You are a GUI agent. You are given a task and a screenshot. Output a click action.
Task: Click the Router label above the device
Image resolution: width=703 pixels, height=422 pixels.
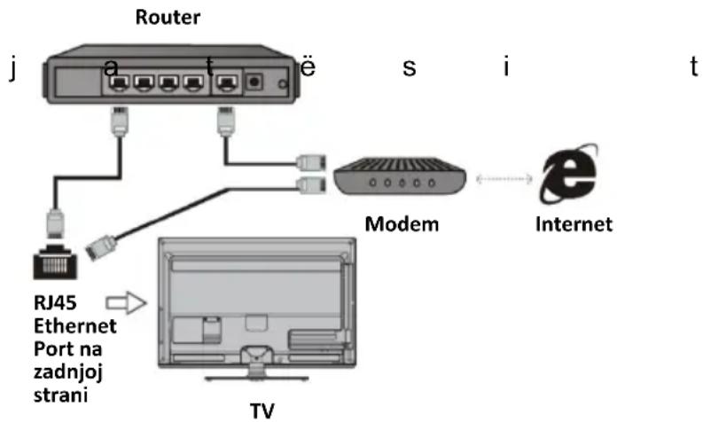click(x=168, y=17)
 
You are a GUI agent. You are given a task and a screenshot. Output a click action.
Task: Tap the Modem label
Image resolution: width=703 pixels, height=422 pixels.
click(x=402, y=223)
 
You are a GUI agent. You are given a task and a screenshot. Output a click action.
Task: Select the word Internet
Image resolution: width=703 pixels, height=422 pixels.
click(x=574, y=223)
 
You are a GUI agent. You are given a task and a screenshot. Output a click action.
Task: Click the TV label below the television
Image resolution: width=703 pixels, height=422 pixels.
click(x=262, y=410)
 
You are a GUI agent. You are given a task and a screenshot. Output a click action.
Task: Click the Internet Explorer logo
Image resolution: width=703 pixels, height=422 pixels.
click(x=569, y=174)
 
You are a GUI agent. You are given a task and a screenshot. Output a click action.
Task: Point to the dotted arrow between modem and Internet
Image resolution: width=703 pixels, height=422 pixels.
click(x=504, y=179)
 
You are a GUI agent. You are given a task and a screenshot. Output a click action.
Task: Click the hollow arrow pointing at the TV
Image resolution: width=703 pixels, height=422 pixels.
click(x=126, y=302)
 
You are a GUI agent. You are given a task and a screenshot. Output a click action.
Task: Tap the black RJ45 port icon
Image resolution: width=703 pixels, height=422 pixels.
click(x=55, y=262)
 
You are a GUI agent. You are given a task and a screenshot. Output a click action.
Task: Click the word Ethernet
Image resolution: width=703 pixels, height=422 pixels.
click(x=74, y=326)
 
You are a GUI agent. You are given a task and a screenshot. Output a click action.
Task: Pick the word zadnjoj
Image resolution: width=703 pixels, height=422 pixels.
click(x=68, y=372)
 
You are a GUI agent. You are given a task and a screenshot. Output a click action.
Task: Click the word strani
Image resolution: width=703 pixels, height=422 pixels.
click(x=60, y=395)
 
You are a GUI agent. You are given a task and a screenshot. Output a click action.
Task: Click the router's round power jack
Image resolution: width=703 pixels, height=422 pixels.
click(x=254, y=82)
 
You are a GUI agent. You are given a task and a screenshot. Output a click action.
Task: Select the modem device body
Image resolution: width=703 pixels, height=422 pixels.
click(x=400, y=176)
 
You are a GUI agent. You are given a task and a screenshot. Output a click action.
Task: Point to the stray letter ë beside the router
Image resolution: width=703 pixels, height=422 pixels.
click(x=308, y=66)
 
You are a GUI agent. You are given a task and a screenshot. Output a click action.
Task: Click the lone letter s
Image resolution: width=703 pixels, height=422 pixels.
click(x=409, y=67)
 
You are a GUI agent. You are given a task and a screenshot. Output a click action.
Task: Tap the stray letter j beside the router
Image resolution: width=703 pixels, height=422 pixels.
click(x=13, y=68)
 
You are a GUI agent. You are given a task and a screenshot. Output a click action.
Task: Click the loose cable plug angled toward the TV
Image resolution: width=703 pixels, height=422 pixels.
click(x=101, y=247)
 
